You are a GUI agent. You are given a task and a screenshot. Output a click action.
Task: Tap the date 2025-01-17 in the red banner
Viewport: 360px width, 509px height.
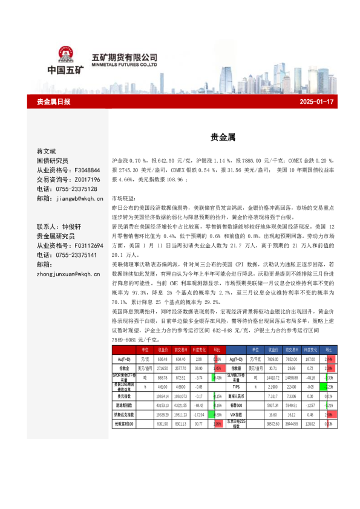click(x=317, y=102)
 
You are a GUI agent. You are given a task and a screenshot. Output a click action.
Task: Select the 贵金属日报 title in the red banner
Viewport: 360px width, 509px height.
click(x=54, y=102)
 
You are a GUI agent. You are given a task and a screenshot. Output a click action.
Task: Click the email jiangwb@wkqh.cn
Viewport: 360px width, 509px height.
click(x=78, y=198)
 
